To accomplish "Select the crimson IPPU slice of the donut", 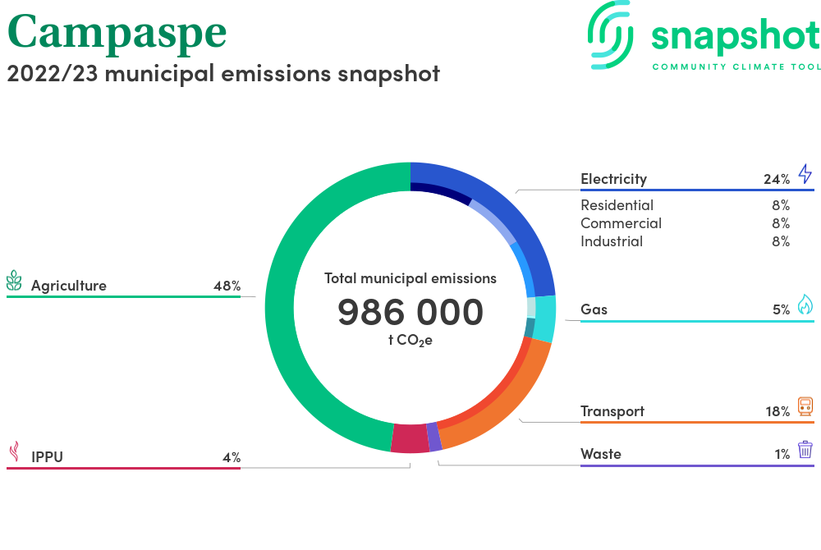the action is pyautogui.click(x=410, y=438).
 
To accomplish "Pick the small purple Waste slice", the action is pyautogui.click(x=434, y=437).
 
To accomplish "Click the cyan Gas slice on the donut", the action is pyautogui.click(x=545, y=319).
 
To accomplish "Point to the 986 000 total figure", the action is pyautogui.click(x=410, y=312).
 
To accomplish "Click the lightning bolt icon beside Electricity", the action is pyautogui.click(x=805, y=174).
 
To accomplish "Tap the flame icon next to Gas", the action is pyautogui.click(x=805, y=304).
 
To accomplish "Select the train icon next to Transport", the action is pyautogui.click(x=805, y=406).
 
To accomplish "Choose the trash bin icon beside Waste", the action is pyautogui.click(x=805, y=450).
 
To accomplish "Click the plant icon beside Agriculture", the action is pyautogui.click(x=14, y=281).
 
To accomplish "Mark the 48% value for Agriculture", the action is pyautogui.click(x=227, y=286).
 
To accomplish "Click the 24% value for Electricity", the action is pyautogui.click(x=777, y=179).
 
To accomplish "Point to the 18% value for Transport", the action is pyautogui.click(x=777, y=411).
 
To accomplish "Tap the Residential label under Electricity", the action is pyautogui.click(x=617, y=205).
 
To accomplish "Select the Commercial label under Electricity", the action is pyautogui.click(x=621, y=223).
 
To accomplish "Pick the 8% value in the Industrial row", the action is pyautogui.click(x=781, y=241).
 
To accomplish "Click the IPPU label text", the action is pyautogui.click(x=47, y=457).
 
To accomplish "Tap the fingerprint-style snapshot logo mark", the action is pyautogui.click(x=610, y=34).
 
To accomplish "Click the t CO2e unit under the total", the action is pyautogui.click(x=410, y=340).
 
